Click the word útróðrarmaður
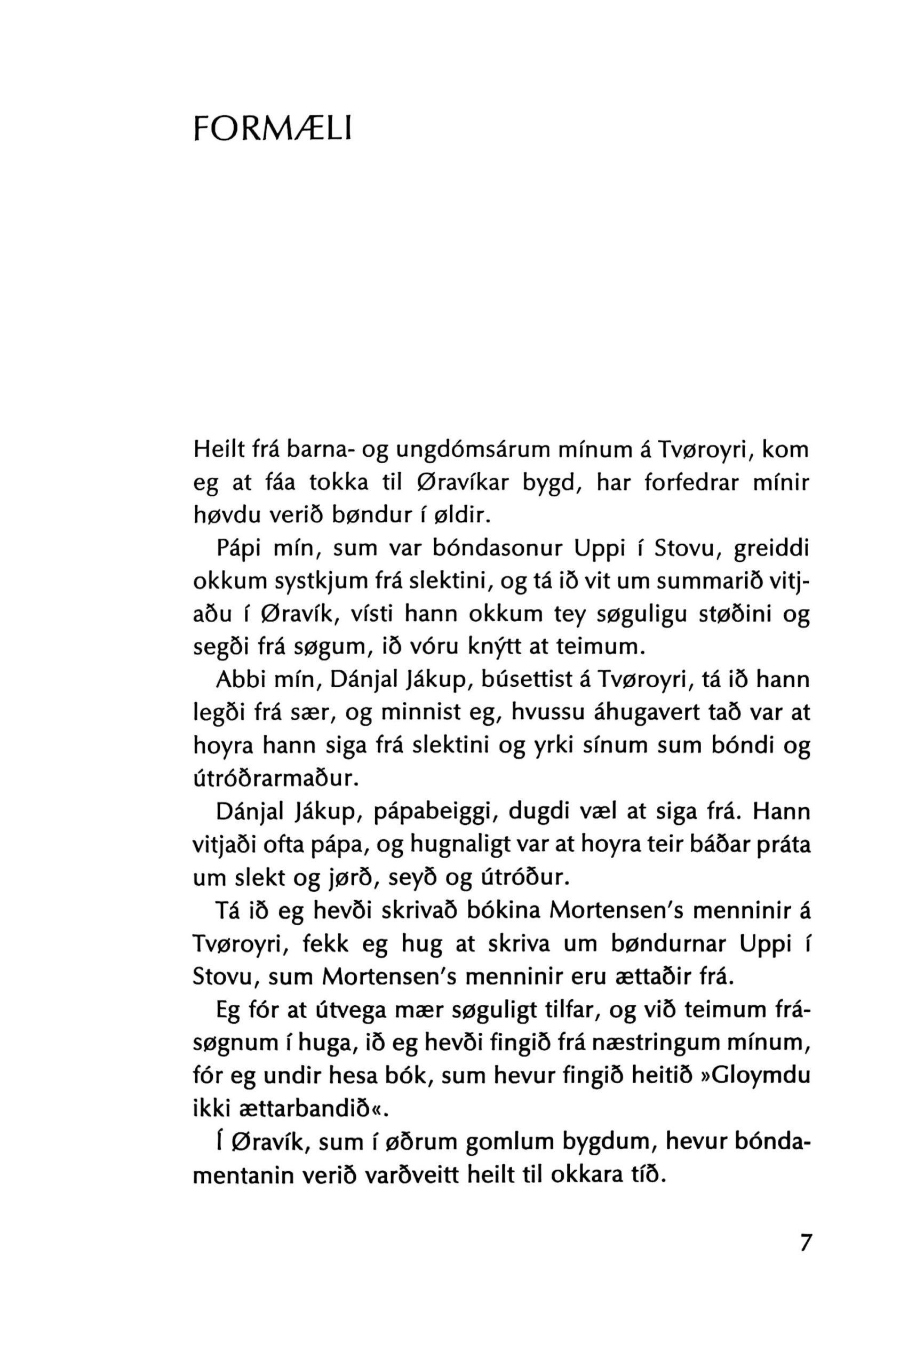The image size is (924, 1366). click(x=275, y=779)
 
